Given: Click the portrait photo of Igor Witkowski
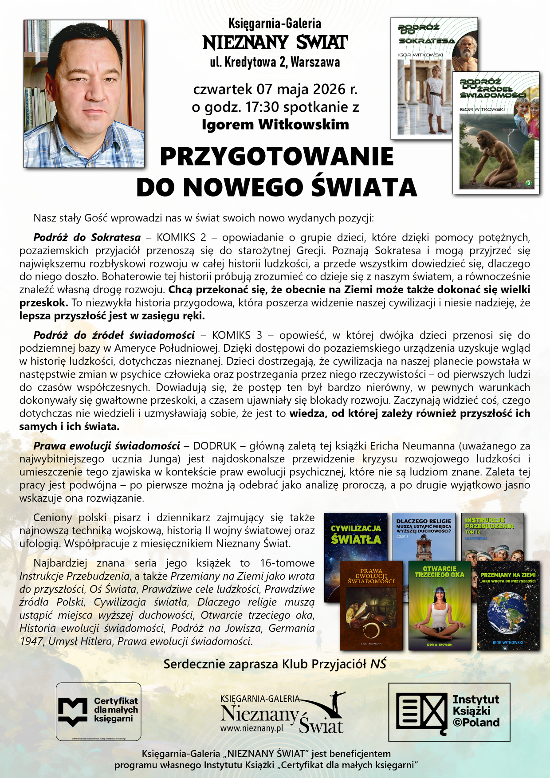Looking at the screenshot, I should (x=84, y=94).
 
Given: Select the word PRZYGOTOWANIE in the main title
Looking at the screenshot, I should (x=277, y=157).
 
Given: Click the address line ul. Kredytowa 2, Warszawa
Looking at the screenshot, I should (x=275, y=62).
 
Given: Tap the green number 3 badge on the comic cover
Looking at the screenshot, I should (x=528, y=183).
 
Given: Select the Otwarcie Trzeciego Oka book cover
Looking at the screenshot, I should (x=439, y=605).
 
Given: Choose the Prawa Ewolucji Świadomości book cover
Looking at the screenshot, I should (x=371, y=605).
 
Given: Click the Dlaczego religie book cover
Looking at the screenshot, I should (x=424, y=534).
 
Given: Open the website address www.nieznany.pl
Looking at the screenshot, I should (x=251, y=728).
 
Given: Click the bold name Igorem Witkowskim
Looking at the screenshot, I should (x=275, y=125).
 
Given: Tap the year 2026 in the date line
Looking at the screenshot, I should (x=329, y=89).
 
